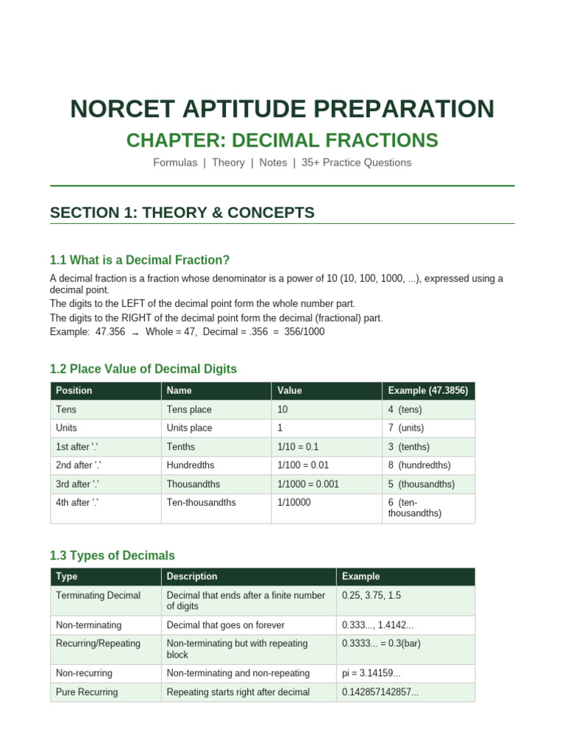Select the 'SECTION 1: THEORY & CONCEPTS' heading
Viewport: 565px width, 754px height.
tap(182, 213)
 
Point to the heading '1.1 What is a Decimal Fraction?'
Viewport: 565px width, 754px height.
tap(140, 260)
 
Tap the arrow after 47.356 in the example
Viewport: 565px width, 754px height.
tap(135, 333)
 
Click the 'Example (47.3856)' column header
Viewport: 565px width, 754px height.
tap(427, 390)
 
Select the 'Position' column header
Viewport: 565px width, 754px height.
tap(74, 390)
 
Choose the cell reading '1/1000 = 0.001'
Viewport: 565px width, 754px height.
tap(308, 485)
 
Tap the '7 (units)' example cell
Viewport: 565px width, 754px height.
tap(405, 428)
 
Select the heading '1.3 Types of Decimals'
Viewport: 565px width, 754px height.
tap(112, 555)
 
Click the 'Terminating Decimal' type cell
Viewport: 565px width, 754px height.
tap(98, 595)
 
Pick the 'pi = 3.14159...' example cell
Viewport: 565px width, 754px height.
tap(371, 673)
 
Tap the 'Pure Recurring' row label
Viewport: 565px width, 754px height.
tap(87, 692)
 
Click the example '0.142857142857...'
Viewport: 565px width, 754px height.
tap(380, 692)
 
